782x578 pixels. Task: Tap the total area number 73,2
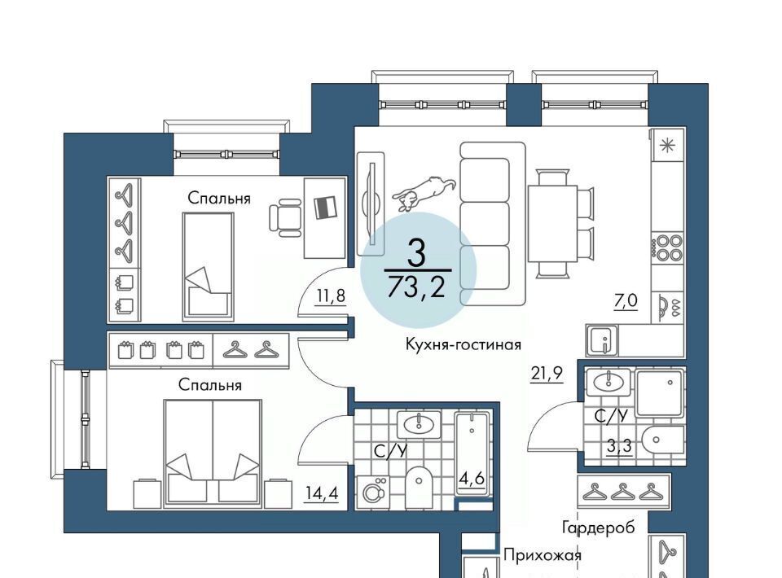[x=416, y=287]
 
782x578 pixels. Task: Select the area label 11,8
[x=330, y=296]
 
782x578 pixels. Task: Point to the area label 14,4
[x=323, y=493]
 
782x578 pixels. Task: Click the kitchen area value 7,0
[x=626, y=300]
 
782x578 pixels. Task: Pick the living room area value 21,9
[x=547, y=373]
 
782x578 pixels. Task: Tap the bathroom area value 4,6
[x=472, y=479]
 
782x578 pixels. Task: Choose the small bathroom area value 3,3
[x=619, y=446]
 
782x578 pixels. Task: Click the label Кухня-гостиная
[x=463, y=344]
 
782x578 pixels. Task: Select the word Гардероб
[x=599, y=528]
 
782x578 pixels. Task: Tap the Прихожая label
[x=543, y=555]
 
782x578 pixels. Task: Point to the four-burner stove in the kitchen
[x=667, y=247]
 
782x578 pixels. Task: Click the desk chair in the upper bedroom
[x=286, y=217]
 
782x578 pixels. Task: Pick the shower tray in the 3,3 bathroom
[x=660, y=394]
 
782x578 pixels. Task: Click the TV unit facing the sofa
[x=371, y=204]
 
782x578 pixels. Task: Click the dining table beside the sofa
[x=553, y=224]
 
